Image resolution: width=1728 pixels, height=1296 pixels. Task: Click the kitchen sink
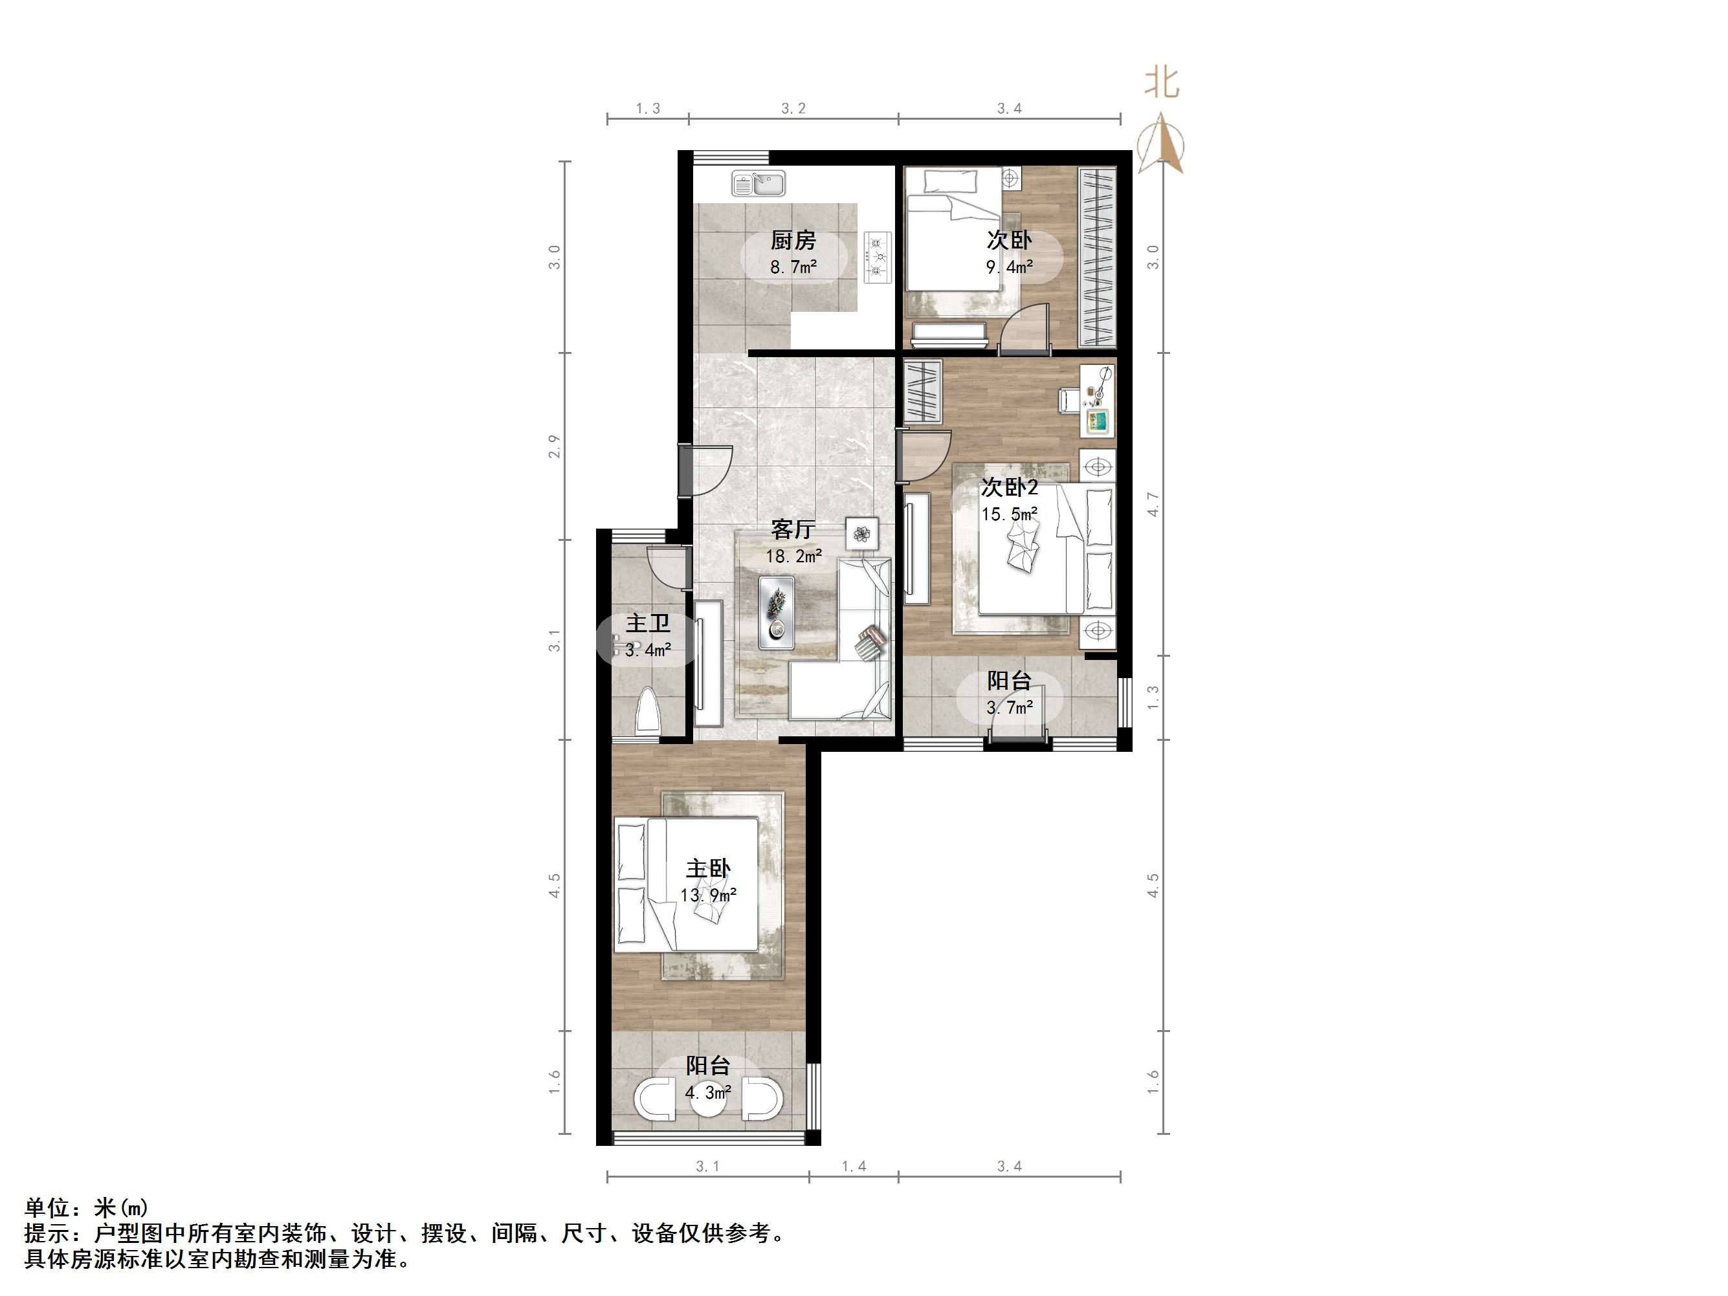[x=758, y=184]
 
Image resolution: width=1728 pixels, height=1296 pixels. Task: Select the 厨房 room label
[x=793, y=240]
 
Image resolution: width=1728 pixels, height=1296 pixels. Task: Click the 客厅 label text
[x=793, y=530]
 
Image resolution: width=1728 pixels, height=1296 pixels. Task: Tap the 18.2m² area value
[x=793, y=556]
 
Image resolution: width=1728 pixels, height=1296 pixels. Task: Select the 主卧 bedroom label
[x=708, y=869]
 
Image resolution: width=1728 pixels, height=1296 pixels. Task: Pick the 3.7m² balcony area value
[x=1010, y=708]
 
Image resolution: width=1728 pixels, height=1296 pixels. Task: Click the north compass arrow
[x=1162, y=144]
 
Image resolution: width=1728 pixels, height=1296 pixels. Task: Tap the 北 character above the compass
[x=1162, y=82]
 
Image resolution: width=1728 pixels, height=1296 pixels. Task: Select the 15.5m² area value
[x=1010, y=514]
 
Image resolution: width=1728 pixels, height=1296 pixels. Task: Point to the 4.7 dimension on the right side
[x=1153, y=504]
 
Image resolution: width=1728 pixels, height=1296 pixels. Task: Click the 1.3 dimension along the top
[x=648, y=109]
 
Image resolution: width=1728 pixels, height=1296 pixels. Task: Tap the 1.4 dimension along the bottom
[x=853, y=1167]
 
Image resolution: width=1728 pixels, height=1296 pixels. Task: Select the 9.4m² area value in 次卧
[x=1010, y=267]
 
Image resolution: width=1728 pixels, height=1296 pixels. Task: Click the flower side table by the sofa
[x=861, y=534]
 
